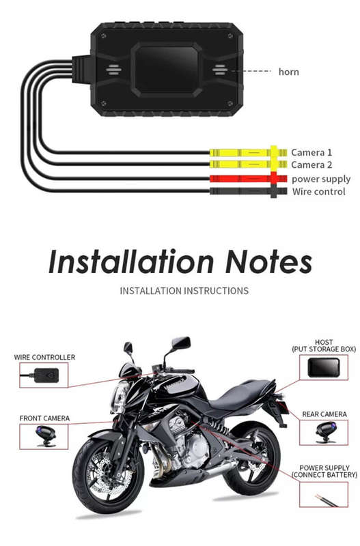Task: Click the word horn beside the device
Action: click(288, 72)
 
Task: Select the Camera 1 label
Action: click(311, 152)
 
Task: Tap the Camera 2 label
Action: click(311, 164)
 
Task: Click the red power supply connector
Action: click(248, 179)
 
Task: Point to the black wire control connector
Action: click(248, 191)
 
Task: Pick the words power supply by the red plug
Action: click(321, 179)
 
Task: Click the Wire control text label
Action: click(319, 192)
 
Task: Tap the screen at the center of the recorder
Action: click(166, 70)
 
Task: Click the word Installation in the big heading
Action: click(131, 261)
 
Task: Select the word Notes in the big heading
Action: click(268, 262)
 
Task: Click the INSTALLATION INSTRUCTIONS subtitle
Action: click(184, 291)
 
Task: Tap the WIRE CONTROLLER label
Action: click(44, 357)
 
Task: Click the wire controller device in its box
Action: click(41, 375)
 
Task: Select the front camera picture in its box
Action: click(45, 436)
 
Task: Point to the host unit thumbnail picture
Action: click(323, 368)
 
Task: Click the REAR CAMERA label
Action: click(324, 414)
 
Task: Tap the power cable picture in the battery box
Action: click(327, 500)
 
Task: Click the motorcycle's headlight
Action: click(120, 397)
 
